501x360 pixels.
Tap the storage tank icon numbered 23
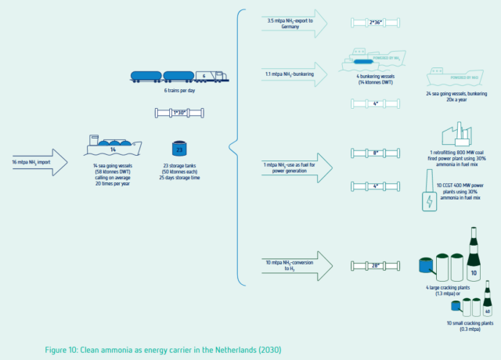178,149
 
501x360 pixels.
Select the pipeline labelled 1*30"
180,113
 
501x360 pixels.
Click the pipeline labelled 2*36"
375,23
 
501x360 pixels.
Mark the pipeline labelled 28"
375,266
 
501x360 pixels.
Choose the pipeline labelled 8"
375,153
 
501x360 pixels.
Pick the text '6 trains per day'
180,92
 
